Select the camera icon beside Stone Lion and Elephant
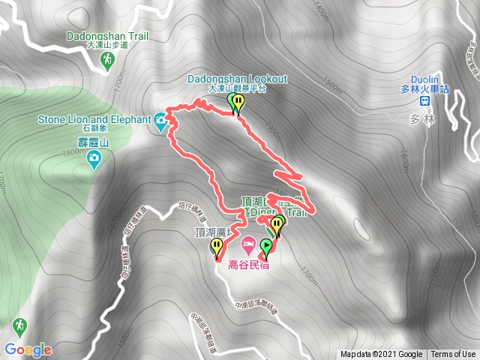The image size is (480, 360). click(x=161, y=118)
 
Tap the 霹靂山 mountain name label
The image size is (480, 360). click(x=94, y=142)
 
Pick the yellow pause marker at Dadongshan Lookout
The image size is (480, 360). click(x=239, y=102)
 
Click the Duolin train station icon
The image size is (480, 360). click(x=424, y=101)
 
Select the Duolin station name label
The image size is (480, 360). click(x=424, y=78)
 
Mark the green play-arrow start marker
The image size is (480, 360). click(x=266, y=246)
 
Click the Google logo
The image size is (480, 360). click(x=28, y=349)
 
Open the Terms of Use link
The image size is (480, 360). click(x=453, y=355)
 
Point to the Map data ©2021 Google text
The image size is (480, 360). click(x=381, y=355)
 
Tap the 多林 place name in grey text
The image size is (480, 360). click(x=418, y=119)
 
